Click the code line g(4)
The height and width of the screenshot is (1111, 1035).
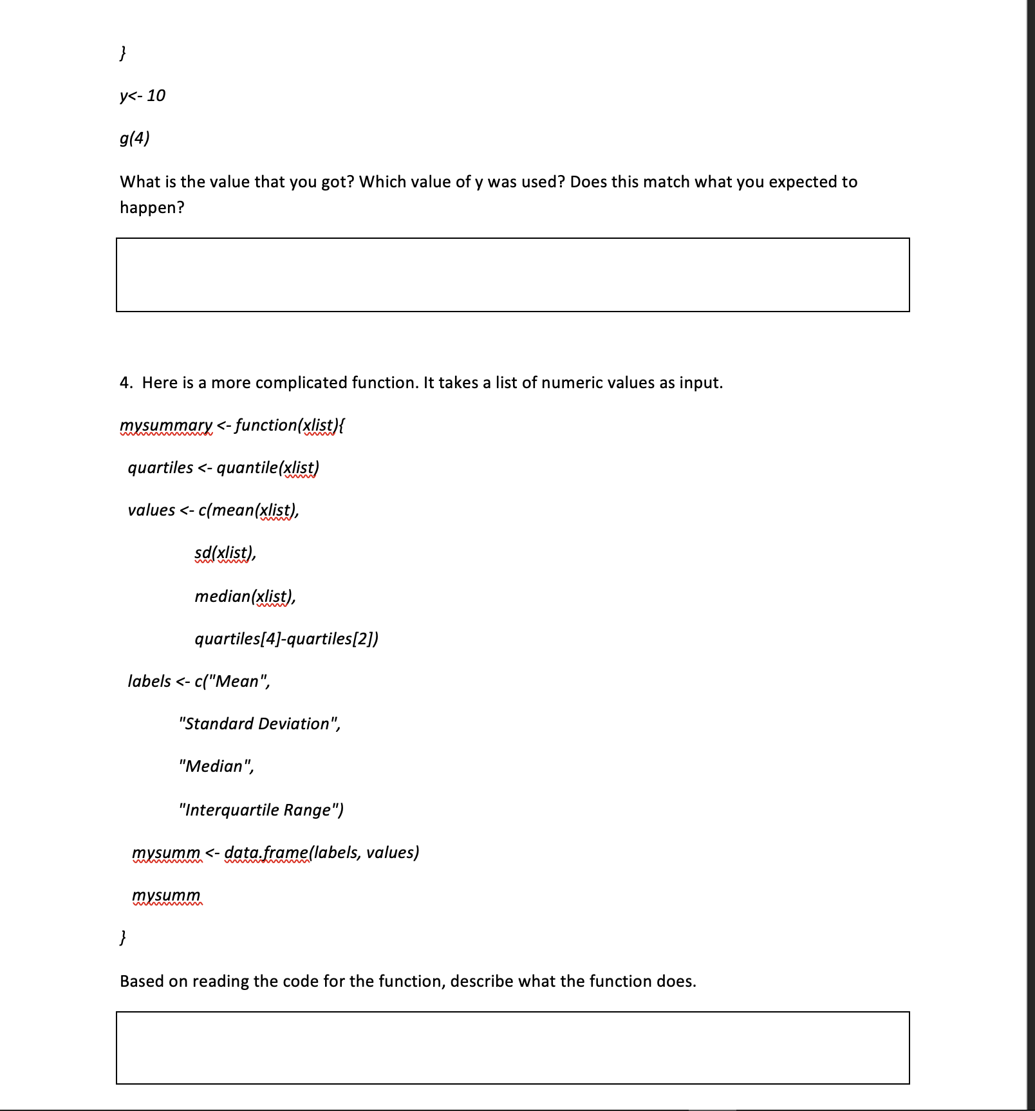(135, 138)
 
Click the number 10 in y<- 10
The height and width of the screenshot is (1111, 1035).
(156, 96)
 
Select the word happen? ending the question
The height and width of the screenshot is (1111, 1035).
(152, 208)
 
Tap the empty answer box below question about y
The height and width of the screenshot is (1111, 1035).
(512, 275)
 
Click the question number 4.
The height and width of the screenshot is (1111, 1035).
(126, 383)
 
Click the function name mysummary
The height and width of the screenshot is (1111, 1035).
(166, 425)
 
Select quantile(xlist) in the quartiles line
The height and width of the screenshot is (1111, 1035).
(268, 468)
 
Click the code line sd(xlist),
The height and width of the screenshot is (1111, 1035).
(225, 553)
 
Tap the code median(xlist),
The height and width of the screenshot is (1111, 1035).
(245, 597)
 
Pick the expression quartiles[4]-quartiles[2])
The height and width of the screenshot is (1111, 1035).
(286, 639)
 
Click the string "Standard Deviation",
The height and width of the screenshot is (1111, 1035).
(260, 724)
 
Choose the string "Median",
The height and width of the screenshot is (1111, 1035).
(217, 767)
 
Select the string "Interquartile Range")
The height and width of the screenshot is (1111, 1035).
(261, 810)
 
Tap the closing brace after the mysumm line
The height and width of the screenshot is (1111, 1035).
(123, 937)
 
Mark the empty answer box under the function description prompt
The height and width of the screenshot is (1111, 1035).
(512, 1048)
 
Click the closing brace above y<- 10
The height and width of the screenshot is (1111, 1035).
(123, 53)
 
